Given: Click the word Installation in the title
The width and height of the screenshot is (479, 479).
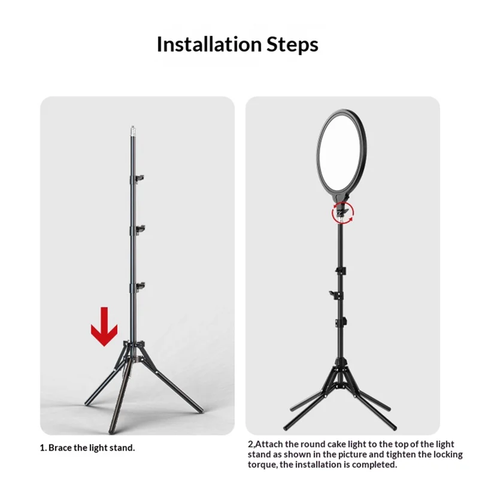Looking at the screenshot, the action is click(209, 44).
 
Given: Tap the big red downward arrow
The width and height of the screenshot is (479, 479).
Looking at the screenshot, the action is click(104, 326).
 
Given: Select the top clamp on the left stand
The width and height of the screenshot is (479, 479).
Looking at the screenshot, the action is click(137, 178).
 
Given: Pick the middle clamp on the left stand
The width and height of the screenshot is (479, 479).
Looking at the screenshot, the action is click(138, 230).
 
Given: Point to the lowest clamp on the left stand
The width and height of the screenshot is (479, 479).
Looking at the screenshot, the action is click(138, 287).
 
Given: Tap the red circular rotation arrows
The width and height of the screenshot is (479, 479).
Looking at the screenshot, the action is click(342, 213).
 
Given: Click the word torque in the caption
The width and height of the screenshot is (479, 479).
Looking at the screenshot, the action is click(262, 465).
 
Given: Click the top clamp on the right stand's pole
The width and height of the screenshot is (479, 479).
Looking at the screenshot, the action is click(341, 271).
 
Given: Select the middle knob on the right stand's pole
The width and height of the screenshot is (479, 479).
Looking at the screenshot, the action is click(336, 295).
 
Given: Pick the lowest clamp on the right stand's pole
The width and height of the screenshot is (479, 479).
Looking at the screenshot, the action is click(341, 322).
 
